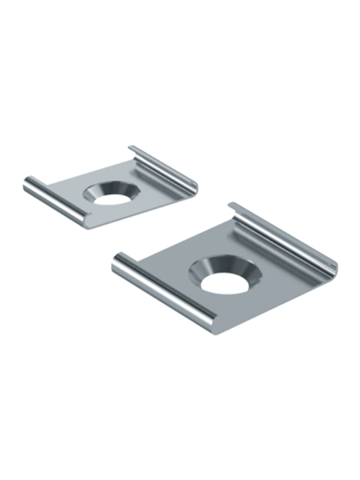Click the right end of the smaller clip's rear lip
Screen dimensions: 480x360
197,187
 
